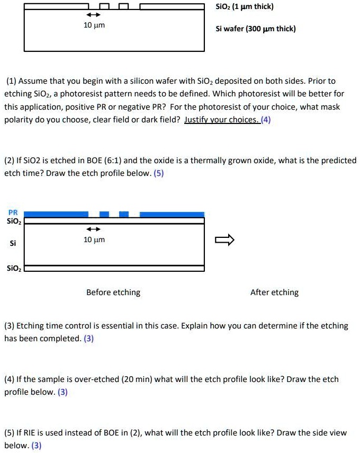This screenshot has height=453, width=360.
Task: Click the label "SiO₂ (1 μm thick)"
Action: [x=245, y=7]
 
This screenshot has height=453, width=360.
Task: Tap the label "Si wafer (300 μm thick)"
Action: [x=256, y=29]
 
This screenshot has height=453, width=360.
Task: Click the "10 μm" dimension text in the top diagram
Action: [x=95, y=25]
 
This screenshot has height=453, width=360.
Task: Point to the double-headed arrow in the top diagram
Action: [x=94, y=15]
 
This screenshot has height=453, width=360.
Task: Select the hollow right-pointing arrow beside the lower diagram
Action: [x=224, y=241]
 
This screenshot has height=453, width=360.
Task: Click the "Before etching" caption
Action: [x=113, y=292]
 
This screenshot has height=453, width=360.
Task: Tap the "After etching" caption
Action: [x=274, y=292]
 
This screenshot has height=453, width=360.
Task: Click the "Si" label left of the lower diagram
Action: [x=13, y=243]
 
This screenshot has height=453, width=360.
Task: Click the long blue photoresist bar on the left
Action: [x=57, y=214]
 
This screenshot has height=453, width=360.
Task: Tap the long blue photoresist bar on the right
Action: [x=172, y=214]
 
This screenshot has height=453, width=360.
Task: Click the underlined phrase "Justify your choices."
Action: [x=221, y=120]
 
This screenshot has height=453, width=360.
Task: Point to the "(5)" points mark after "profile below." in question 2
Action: [x=159, y=173]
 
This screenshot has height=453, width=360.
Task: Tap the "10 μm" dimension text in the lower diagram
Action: [x=95, y=240]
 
